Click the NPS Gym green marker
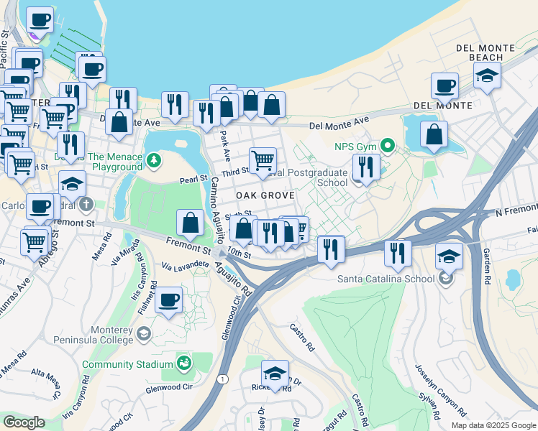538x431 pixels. (x=388, y=147)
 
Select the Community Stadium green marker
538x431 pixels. (x=184, y=364)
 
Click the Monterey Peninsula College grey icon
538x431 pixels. (x=144, y=334)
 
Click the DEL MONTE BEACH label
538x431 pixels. (x=485, y=52)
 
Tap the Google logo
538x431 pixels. (x=24, y=422)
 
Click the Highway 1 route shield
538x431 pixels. (x=224, y=379)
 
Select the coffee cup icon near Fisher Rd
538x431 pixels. (x=169, y=300)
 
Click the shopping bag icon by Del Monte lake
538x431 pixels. (x=434, y=134)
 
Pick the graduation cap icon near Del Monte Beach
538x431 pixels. (x=487, y=74)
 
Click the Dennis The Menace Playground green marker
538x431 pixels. (x=153, y=158)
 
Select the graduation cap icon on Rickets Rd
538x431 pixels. (x=275, y=373)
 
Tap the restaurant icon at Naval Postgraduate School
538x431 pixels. (x=366, y=167)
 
